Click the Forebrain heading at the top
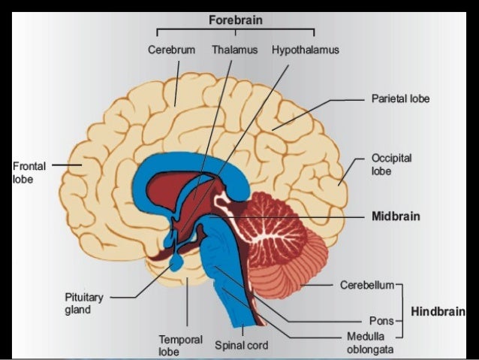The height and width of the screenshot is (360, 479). [x=235, y=20]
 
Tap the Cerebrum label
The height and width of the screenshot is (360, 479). [x=171, y=50]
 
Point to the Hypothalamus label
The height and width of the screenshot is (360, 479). [x=306, y=50]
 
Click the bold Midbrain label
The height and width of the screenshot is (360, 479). [x=396, y=216]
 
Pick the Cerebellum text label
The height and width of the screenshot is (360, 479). [x=365, y=286]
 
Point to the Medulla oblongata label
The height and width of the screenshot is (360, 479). [x=366, y=344]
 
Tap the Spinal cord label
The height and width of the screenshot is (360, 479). [x=241, y=346]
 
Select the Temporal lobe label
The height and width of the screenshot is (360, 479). [x=180, y=345]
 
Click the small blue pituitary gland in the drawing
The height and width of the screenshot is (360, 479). [x=176, y=260]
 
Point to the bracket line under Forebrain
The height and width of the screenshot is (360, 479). [x=235, y=30]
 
